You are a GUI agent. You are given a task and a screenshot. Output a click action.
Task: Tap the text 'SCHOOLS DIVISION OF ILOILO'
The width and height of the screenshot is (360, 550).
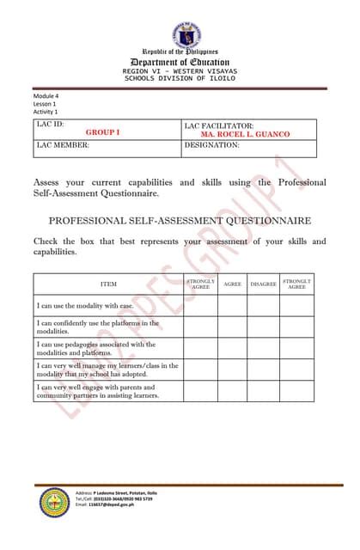[180, 78]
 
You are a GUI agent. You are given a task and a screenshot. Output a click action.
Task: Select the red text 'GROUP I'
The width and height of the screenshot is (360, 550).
[102, 133]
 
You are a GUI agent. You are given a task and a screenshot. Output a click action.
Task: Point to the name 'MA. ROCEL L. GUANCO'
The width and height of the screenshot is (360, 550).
[245, 134]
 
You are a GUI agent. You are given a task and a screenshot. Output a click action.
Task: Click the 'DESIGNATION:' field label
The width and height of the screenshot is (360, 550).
[211, 146]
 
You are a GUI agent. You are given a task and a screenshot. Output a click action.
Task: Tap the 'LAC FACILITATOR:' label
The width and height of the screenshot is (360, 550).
[218, 125]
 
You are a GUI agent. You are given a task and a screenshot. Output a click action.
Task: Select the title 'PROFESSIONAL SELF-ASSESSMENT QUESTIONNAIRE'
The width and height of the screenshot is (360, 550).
[180, 220]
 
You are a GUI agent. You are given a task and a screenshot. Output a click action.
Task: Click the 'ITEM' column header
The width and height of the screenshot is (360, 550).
[108, 283]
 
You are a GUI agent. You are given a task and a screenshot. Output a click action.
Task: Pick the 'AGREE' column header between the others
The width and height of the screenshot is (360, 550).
[232, 283]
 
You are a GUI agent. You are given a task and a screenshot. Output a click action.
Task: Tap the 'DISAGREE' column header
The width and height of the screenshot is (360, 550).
[263, 283]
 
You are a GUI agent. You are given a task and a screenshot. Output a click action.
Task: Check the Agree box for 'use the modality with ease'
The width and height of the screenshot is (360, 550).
[232, 306]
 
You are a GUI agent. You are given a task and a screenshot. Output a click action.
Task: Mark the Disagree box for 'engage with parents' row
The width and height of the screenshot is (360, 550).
[263, 391]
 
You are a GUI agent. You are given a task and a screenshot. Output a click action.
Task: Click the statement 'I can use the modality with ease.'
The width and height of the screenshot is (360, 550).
[84, 306]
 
